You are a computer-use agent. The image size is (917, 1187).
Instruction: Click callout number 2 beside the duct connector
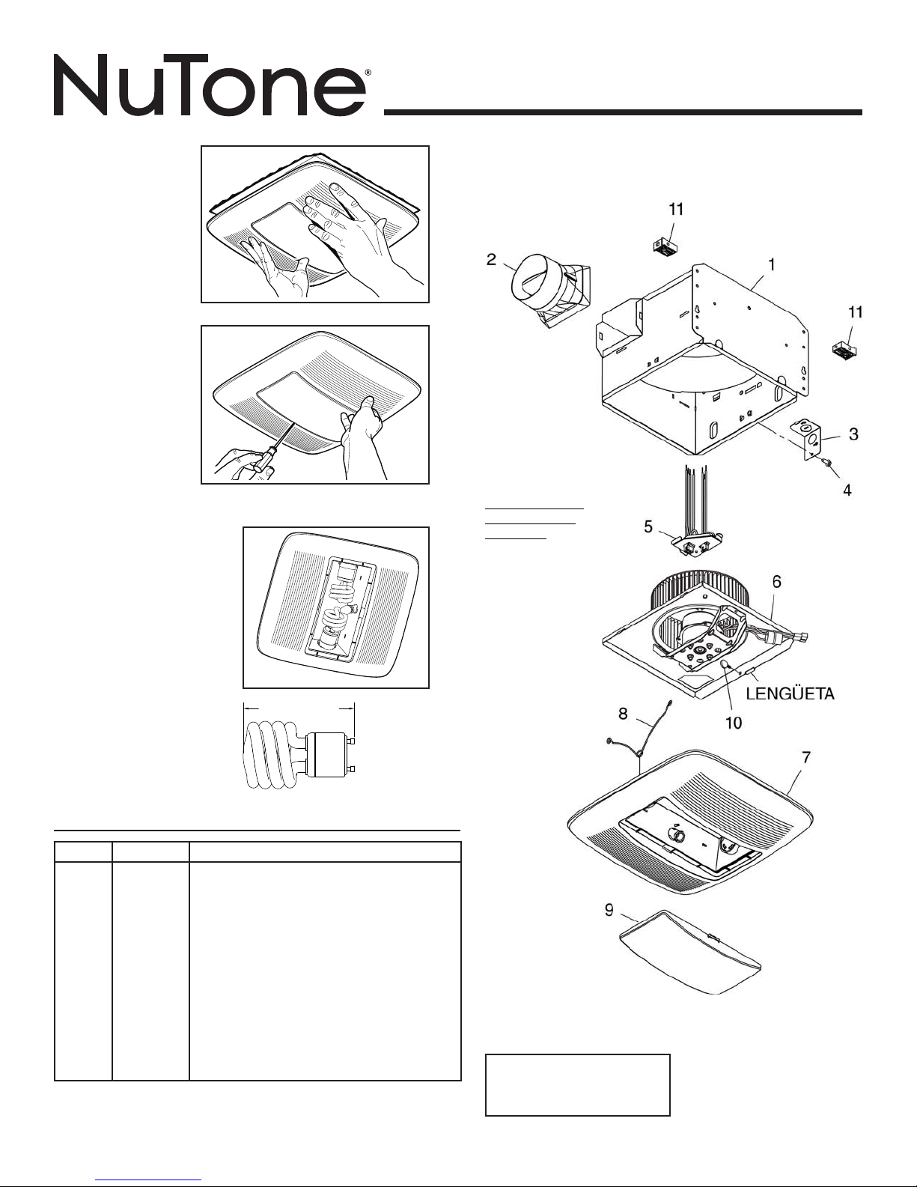point(491,259)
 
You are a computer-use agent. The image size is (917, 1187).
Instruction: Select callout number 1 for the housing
point(772,264)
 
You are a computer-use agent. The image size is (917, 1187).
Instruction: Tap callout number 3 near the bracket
point(853,434)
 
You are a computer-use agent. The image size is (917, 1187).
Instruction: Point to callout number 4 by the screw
point(847,491)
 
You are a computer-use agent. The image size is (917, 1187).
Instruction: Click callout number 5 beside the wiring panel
point(648,526)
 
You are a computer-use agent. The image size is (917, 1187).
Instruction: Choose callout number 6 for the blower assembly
point(777,583)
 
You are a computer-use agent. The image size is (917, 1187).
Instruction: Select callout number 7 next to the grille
point(806,758)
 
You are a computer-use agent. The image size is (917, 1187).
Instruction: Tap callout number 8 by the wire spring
point(623,714)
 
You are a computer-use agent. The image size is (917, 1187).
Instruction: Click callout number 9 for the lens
point(609,910)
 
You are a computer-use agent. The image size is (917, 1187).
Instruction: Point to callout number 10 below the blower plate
point(734,723)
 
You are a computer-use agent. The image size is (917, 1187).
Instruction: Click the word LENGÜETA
point(790,694)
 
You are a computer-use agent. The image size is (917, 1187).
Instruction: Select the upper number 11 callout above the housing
point(676,209)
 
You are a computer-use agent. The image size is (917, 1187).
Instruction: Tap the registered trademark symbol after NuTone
point(368,72)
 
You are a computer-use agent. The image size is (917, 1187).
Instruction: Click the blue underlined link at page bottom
point(148,1180)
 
